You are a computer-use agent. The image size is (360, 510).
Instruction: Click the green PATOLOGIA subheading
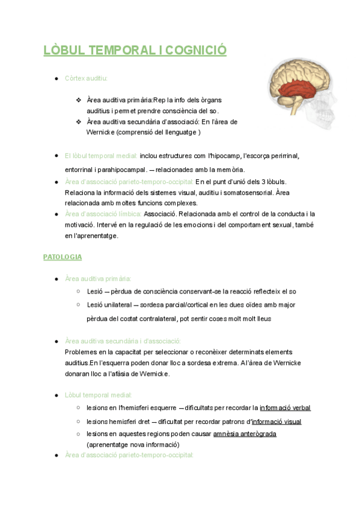coord(63,257)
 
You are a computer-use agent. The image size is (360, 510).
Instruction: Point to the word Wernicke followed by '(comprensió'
coord(100,132)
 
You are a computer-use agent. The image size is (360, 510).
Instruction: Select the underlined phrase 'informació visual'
coord(276,422)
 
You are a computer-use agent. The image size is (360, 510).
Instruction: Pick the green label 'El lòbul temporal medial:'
coord(101,156)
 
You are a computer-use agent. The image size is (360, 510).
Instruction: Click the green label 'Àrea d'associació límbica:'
coord(103,214)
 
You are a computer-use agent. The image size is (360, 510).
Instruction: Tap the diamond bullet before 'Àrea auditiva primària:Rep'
coord(78,100)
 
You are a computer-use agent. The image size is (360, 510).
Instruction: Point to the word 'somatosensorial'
coord(246,192)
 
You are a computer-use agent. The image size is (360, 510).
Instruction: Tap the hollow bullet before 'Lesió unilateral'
coord(78,305)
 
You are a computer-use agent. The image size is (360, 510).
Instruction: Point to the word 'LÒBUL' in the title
coord(64,51)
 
